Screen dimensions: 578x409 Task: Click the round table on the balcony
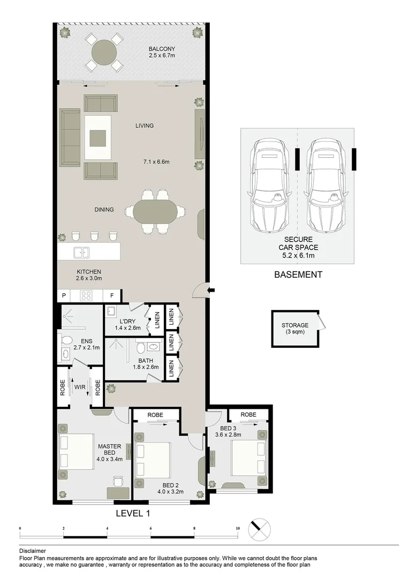pyautogui.click(x=104, y=52)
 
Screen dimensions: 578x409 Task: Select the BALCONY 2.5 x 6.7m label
pyautogui.click(x=162, y=52)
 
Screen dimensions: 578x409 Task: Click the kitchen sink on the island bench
pyautogui.click(x=82, y=252)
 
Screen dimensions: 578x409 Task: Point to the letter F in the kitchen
pyautogui.click(x=112, y=295)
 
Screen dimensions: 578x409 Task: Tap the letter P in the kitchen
pyautogui.click(x=64, y=295)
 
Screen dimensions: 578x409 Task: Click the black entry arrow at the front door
pyautogui.click(x=211, y=291)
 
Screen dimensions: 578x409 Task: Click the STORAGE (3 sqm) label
pyautogui.click(x=295, y=329)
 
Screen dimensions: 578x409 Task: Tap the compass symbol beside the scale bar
pyautogui.click(x=260, y=529)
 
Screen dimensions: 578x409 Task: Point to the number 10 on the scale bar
pyautogui.click(x=238, y=528)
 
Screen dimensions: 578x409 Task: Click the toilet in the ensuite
pyautogui.click(x=66, y=341)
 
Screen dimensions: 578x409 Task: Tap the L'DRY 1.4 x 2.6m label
pyautogui.click(x=127, y=325)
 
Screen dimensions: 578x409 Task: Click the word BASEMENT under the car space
pyautogui.click(x=298, y=275)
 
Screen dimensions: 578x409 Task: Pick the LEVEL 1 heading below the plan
pyautogui.click(x=133, y=513)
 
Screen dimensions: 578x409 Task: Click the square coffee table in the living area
pyautogui.click(x=97, y=138)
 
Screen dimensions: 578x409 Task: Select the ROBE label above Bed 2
pyautogui.click(x=155, y=415)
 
